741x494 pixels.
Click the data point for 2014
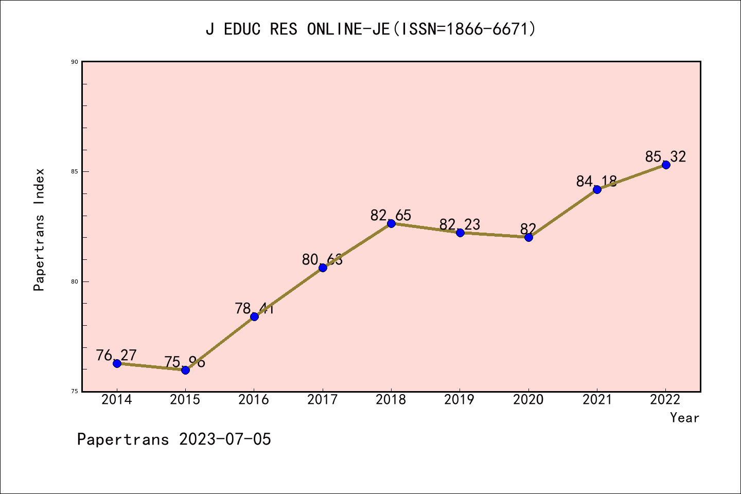(x=117, y=363)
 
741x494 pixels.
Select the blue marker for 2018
(x=391, y=223)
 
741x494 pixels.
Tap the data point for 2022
(x=666, y=165)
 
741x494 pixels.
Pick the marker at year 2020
(x=528, y=237)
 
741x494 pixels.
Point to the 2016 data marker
(x=254, y=316)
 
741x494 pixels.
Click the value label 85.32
(x=665, y=156)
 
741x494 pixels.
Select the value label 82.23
(x=460, y=224)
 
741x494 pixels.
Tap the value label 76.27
(x=116, y=355)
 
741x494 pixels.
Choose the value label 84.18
(x=596, y=181)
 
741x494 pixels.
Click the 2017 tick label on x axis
(x=323, y=400)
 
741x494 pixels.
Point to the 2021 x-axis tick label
(x=597, y=400)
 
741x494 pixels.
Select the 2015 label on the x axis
(x=185, y=400)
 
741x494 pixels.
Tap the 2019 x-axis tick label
(x=460, y=400)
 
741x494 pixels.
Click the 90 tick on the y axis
(x=75, y=62)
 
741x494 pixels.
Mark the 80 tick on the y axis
(x=75, y=281)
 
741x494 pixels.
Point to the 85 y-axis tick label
(x=75, y=171)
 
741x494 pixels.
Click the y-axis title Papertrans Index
(x=40, y=230)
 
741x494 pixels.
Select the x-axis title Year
(x=684, y=418)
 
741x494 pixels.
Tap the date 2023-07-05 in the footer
(x=225, y=439)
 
